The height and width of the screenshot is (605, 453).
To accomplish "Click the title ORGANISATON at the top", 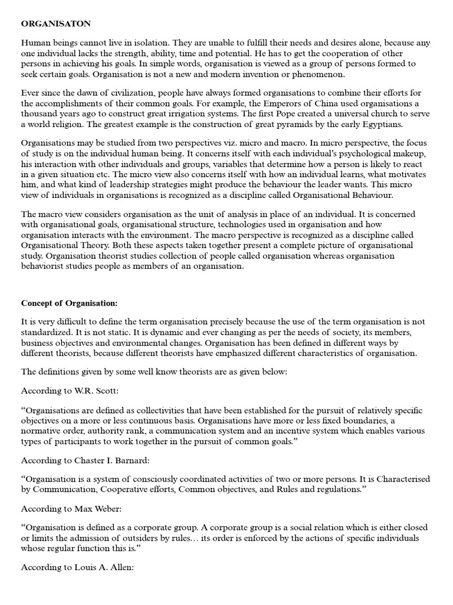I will pyautogui.click(x=55, y=24).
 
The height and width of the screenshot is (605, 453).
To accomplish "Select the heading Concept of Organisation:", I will pyautogui.click(x=70, y=303).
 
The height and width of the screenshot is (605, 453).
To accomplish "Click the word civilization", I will pyautogui.click(x=136, y=93).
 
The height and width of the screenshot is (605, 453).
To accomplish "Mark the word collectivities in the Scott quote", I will pyautogui.click(x=176, y=411).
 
